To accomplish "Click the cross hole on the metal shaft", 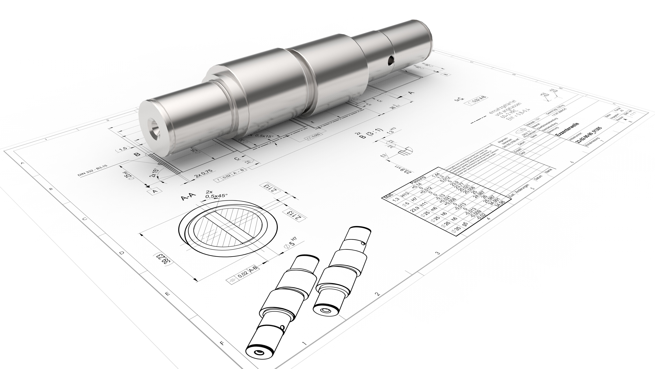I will tap(391, 60).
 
